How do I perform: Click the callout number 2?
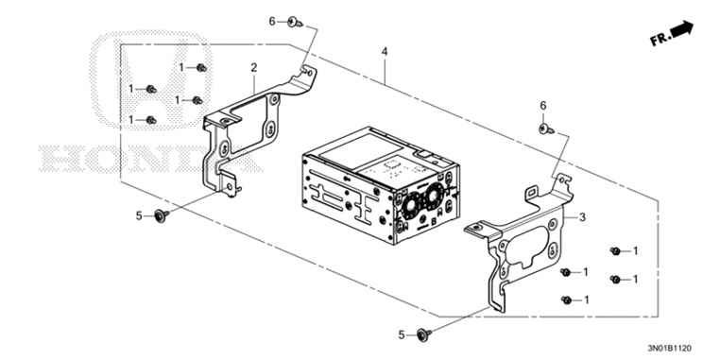[254, 68]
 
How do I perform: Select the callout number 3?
[582, 217]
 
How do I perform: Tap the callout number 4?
[385, 52]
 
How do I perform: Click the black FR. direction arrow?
[682, 29]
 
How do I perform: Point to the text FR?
[660, 40]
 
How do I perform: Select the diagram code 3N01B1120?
[670, 348]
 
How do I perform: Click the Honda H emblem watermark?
[150, 79]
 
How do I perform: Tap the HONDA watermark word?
[150, 159]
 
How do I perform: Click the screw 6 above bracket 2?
[295, 22]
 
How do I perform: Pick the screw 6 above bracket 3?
[546, 129]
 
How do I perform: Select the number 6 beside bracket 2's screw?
[272, 21]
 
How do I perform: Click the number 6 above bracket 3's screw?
[543, 106]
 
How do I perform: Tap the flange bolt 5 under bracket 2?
[162, 214]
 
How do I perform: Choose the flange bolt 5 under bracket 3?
[423, 334]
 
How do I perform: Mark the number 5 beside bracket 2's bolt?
[139, 215]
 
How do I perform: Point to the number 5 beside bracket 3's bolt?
[402, 335]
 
